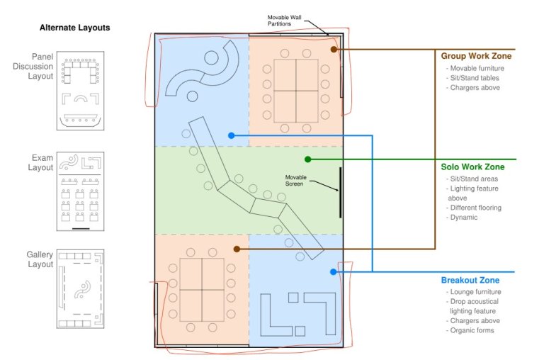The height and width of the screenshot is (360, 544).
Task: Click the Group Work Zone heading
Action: click(475, 56)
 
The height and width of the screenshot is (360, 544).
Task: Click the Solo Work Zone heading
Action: click(472, 167)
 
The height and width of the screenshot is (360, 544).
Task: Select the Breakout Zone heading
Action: click(470, 280)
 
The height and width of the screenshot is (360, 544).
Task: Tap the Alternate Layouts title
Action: click(75, 28)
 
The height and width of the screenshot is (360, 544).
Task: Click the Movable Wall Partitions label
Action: click(289, 21)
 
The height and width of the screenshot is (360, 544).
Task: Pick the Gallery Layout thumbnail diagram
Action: click(80, 287)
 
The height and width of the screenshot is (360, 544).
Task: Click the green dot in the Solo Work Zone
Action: click(308, 159)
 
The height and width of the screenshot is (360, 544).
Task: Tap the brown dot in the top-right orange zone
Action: click(333, 50)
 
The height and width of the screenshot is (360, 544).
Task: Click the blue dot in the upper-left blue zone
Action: click(231, 135)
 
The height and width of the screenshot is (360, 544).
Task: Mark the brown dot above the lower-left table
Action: click(237, 249)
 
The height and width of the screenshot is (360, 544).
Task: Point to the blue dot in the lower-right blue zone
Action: click(332, 271)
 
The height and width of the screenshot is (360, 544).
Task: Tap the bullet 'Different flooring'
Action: click(475, 208)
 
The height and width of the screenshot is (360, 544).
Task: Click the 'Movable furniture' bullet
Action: click(477, 68)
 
